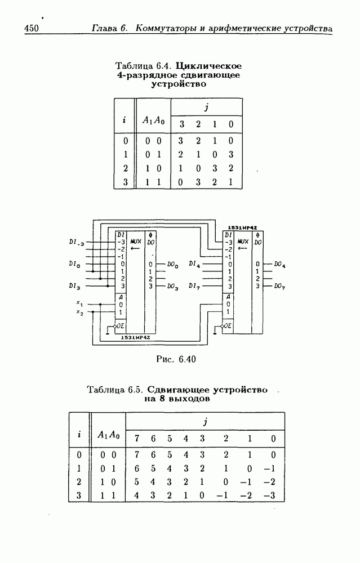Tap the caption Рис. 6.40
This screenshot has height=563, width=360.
tap(176, 359)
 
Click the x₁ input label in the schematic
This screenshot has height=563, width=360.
tap(79, 303)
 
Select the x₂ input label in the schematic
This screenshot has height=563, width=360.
tap(79, 312)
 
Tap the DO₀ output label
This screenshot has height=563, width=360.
tap(173, 263)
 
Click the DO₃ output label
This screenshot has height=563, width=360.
tap(173, 287)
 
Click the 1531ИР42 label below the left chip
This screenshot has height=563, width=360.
tap(135, 337)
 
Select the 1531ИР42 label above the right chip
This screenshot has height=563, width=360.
tap(242, 227)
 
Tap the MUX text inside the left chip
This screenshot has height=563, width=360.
tap(135, 240)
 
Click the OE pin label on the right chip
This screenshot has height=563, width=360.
tap(228, 325)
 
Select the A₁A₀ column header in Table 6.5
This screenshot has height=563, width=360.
tap(108, 434)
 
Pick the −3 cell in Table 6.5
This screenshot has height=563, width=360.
tap(273, 495)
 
